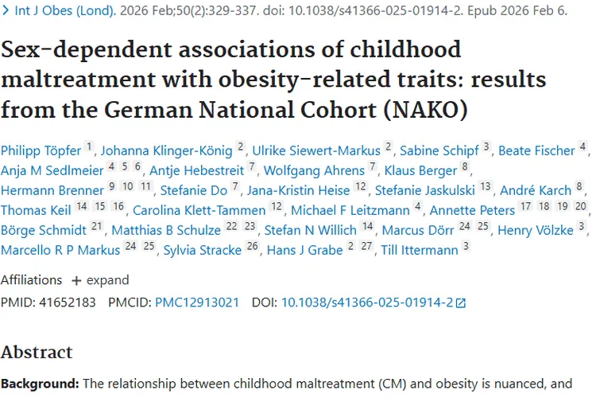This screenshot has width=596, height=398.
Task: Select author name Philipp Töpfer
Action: [x=41, y=150]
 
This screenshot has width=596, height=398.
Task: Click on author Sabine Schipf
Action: [x=439, y=150]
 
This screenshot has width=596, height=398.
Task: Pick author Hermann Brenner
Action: [x=52, y=190]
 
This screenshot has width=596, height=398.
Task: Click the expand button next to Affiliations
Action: [x=99, y=280]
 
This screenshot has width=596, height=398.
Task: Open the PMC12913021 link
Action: [x=197, y=302]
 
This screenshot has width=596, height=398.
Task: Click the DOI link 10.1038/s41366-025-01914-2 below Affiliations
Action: [x=367, y=302]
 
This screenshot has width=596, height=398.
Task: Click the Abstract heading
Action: [x=37, y=352]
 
